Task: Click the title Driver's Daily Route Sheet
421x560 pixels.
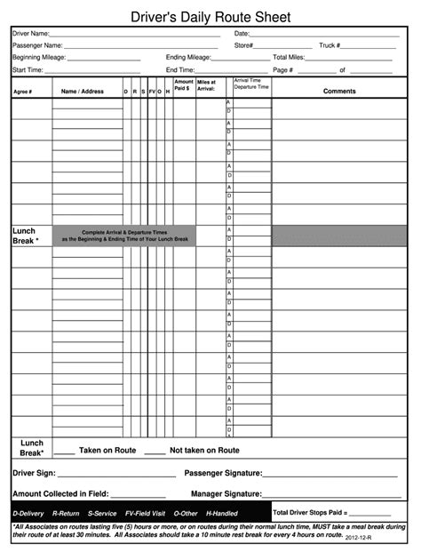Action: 210,17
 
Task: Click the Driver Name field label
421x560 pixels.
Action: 30,33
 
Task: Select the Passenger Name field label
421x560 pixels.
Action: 36,45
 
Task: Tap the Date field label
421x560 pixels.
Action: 242,33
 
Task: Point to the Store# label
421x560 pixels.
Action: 244,45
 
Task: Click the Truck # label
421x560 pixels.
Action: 330,45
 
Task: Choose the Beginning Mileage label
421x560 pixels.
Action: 39,57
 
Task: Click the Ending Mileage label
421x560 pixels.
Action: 188,57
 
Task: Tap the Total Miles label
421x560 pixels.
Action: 289,57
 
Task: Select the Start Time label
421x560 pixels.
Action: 28,69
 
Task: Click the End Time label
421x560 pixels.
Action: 180,69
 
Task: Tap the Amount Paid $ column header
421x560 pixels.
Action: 184,86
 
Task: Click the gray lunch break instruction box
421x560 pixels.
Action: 124,236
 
